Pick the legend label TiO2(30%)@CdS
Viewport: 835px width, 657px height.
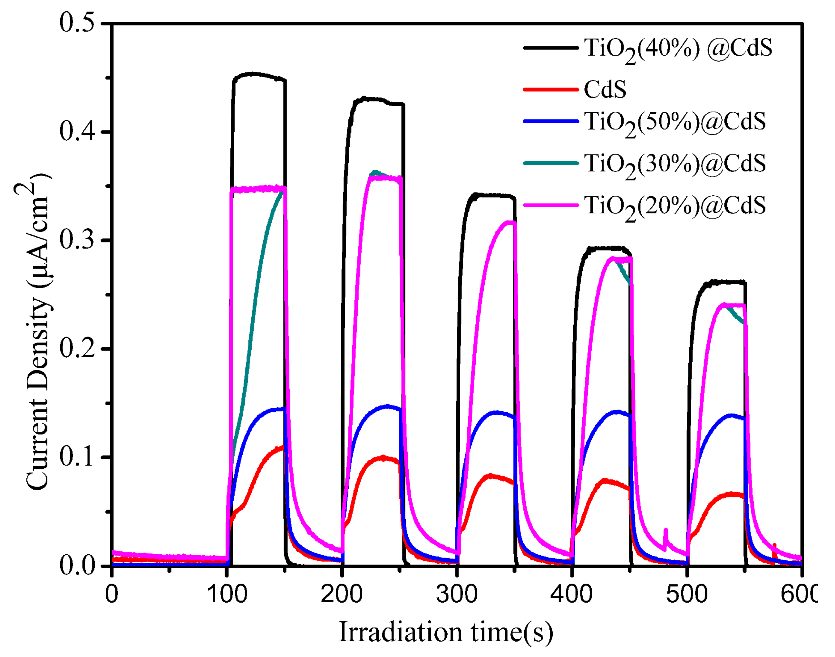click(x=675, y=164)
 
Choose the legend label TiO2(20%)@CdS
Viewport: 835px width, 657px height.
click(x=675, y=207)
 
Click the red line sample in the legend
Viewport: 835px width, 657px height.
click(x=551, y=89)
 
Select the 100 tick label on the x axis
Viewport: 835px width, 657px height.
click(x=227, y=594)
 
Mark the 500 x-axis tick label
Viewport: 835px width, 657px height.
click(x=687, y=594)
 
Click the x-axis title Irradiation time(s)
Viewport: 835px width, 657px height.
click(x=446, y=632)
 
